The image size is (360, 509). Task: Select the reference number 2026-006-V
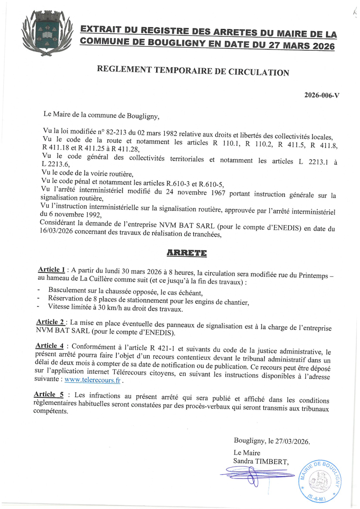click(x=322, y=95)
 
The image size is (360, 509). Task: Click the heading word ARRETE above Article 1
click(x=186, y=253)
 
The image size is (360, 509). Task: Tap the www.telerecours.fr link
click(x=92, y=380)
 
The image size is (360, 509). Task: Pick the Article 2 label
click(x=50, y=322)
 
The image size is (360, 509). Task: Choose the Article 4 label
click(x=49, y=346)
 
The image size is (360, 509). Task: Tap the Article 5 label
click(x=49, y=395)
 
